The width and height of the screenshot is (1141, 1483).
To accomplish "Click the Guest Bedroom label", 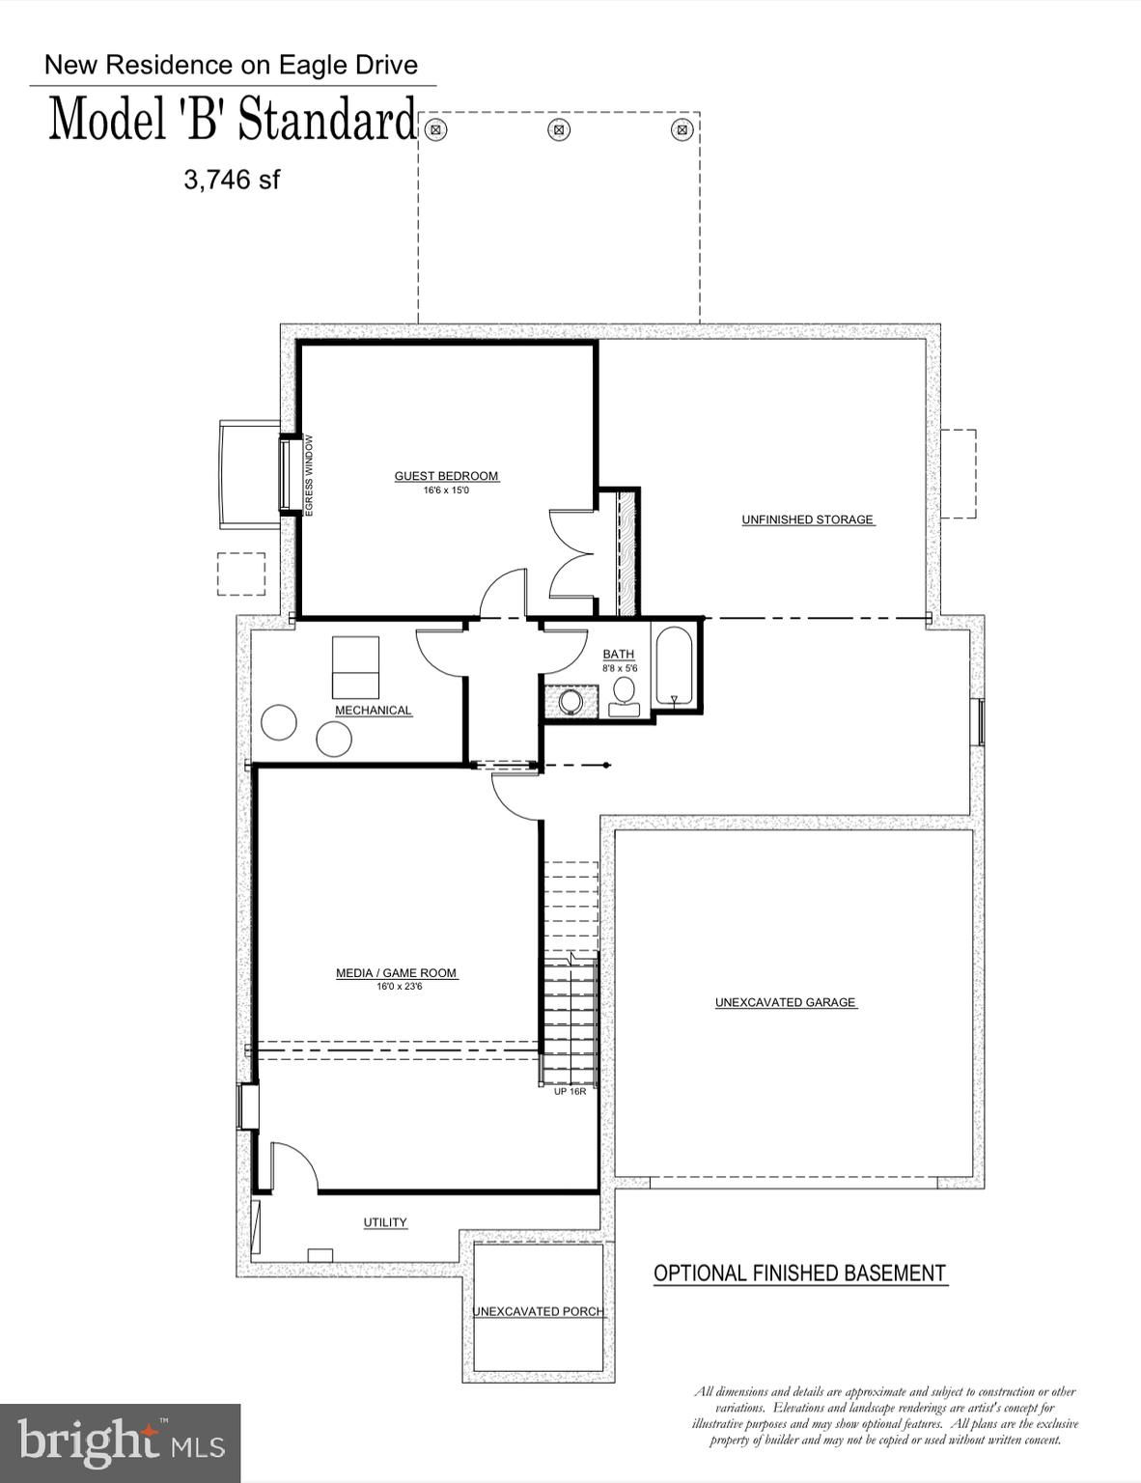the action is (x=447, y=476).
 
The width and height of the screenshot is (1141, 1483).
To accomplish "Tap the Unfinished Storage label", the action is (x=808, y=519).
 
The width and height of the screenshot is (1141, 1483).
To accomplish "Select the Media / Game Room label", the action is (x=396, y=973).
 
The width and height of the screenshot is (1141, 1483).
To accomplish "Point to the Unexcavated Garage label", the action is (x=785, y=1002).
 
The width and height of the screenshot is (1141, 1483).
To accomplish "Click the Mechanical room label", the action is (x=373, y=711).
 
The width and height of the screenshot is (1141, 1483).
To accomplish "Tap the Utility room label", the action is (x=385, y=1222).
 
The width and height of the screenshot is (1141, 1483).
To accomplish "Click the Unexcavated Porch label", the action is (x=538, y=1312).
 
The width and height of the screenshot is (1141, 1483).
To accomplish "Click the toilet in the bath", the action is (x=624, y=697).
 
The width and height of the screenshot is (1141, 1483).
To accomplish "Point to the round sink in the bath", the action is (x=570, y=702).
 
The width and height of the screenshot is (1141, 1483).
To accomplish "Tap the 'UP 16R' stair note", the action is (x=570, y=1091).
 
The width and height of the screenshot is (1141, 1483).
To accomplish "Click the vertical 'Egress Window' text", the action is (x=309, y=475).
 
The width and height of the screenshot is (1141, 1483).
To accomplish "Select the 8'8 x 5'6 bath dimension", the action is (x=620, y=669).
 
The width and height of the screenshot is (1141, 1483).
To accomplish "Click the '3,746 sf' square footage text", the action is (x=232, y=181).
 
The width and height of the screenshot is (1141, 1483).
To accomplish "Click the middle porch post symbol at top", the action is (x=559, y=129).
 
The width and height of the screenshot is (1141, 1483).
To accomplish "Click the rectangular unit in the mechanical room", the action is (x=356, y=666).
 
